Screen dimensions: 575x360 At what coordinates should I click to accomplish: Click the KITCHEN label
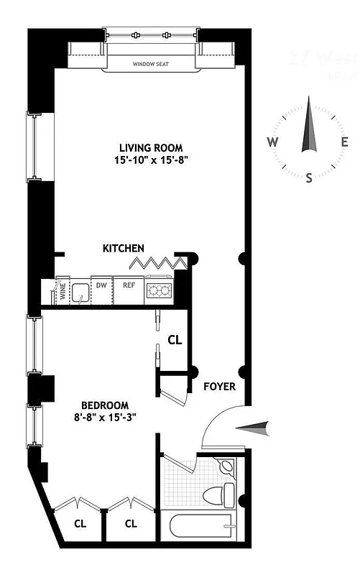pos(124,248)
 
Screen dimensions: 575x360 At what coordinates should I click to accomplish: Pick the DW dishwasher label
pos(102,285)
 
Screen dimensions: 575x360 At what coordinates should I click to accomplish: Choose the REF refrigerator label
pos(129,285)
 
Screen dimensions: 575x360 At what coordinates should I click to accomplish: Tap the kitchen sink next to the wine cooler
pos(82,293)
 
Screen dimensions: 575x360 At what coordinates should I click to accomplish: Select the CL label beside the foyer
pos(174,339)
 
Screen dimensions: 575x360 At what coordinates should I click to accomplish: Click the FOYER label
pos(219,387)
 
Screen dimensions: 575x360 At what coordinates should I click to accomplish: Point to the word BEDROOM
pos(105,405)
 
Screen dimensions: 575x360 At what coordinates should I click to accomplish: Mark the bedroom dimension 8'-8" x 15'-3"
pos(105,416)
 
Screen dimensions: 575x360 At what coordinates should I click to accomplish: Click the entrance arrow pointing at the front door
pos(255,428)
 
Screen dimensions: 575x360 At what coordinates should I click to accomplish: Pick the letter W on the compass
pos(273,142)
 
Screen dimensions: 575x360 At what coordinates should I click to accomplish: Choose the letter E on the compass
pos(345,142)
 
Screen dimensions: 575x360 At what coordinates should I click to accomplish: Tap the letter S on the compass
pos(309,177)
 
